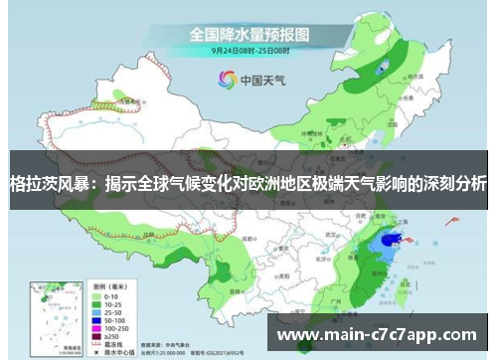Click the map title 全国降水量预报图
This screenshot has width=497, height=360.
point(248,34)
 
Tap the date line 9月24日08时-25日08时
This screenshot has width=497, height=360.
point(248,50)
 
